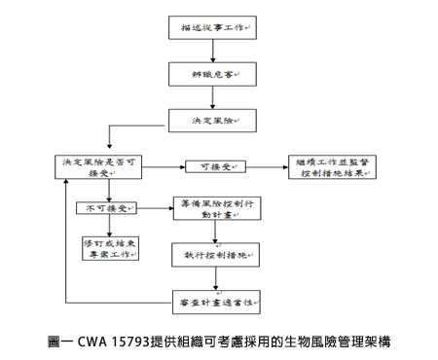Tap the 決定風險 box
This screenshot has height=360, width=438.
point(211,120)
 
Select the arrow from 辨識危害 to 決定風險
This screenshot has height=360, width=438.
point(211,97)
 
